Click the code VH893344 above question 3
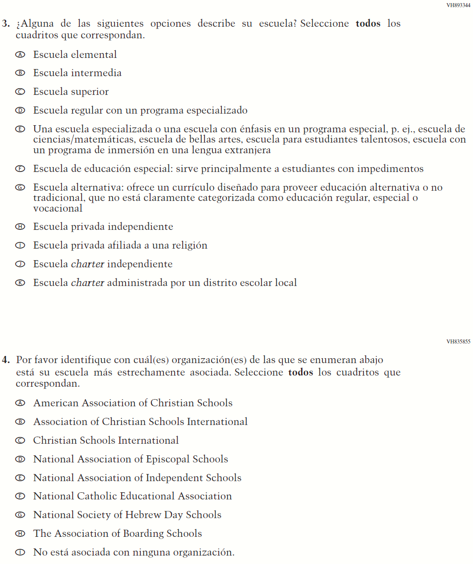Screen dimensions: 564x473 458,5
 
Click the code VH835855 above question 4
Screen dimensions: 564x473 458,342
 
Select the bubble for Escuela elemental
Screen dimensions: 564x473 20,54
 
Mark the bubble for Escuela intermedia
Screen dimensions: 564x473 20,73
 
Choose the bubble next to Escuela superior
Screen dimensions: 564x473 20,92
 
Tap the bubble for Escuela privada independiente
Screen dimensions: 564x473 20,227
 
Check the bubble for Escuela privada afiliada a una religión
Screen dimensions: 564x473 20,245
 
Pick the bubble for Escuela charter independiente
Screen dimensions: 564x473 20,264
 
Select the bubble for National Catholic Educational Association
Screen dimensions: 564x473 20,496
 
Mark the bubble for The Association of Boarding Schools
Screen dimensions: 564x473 20,534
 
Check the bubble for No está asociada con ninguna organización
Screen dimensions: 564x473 20,552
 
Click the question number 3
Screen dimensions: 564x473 6,24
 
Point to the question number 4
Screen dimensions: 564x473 6,360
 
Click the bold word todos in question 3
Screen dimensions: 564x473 368,24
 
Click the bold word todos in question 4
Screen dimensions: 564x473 301,372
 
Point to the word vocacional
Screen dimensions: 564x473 58,208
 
